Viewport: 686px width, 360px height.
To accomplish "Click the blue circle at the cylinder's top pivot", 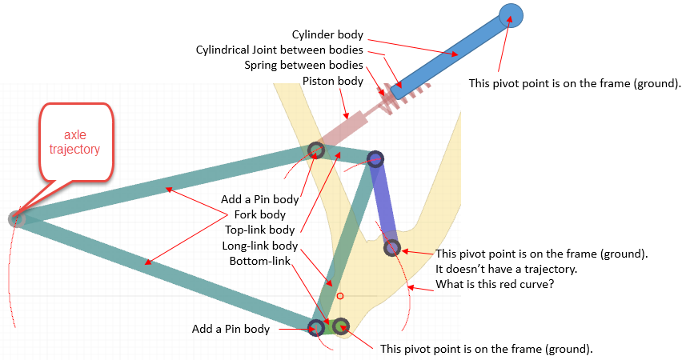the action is point(511,16).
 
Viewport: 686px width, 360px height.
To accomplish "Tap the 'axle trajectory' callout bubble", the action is point(76,142).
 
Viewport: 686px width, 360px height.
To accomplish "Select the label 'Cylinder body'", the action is point(327,34).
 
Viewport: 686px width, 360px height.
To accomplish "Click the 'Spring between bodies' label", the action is point(303,65).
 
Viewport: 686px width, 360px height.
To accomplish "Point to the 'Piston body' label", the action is point(333,81).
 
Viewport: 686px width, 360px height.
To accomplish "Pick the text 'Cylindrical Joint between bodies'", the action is point(279,50).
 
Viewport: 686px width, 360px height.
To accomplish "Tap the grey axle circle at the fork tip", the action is point(17,218).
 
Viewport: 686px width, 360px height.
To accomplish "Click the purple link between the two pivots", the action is point(383,203).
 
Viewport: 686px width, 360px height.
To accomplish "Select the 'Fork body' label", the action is point(260,214).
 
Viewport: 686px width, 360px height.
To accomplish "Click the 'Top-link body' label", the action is point(260,230).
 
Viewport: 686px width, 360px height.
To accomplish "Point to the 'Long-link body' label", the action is point(260,246).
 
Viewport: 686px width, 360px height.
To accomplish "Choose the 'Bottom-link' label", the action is point(260,261).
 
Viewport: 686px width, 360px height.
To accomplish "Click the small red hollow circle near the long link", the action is point(340,296).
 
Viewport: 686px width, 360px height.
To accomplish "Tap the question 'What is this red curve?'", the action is point(495,284).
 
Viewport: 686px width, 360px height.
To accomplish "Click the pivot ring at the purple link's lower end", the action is point(392,247).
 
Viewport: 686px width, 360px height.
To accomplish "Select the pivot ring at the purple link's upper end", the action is point(375,158).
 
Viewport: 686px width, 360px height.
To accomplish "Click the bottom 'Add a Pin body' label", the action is point(231,329).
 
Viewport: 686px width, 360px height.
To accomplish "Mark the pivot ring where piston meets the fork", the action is point(315,150).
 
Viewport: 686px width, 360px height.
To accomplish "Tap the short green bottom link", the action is point(328,326).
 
